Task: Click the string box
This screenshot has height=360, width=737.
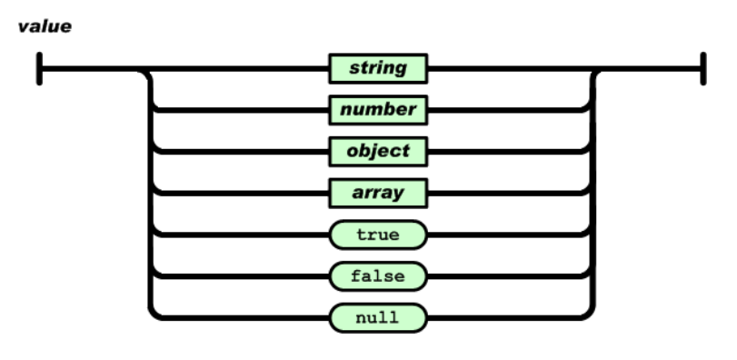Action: tap(378, 68)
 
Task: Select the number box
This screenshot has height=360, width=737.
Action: tap(378, 110)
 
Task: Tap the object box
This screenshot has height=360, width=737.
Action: tap(378, 151)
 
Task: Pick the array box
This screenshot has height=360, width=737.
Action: tap(378, 193)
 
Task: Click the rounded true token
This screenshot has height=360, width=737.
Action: tap(378, 235)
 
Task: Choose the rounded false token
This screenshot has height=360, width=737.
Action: tap(378, 275)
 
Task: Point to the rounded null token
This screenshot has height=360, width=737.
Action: tap(378, 317)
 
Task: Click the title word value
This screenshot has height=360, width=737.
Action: tap(45, 26)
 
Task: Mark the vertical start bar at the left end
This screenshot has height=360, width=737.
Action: tap(39, 68)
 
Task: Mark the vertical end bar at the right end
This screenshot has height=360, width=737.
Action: tap(703, 68)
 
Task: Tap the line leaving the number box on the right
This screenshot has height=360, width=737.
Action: tap(508, 110)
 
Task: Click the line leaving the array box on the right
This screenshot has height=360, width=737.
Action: tap(508, 193)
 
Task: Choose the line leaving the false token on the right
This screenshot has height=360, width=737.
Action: tap(508, 275)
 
